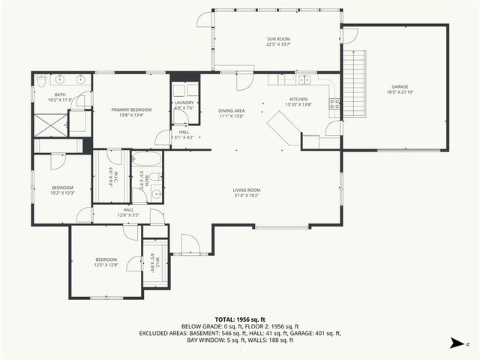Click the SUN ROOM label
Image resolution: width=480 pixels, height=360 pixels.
click(277, 39)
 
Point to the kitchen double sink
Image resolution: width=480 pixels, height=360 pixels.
click(304, 79)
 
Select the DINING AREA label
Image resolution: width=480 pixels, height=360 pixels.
click(232, 110)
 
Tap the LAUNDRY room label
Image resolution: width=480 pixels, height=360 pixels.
click(184, 103)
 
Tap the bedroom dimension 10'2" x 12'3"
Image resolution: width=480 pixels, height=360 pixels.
click(62, 193)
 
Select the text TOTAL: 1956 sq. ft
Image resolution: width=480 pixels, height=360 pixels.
click(240, 319)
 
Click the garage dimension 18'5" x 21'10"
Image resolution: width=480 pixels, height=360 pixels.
click(400, 92)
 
